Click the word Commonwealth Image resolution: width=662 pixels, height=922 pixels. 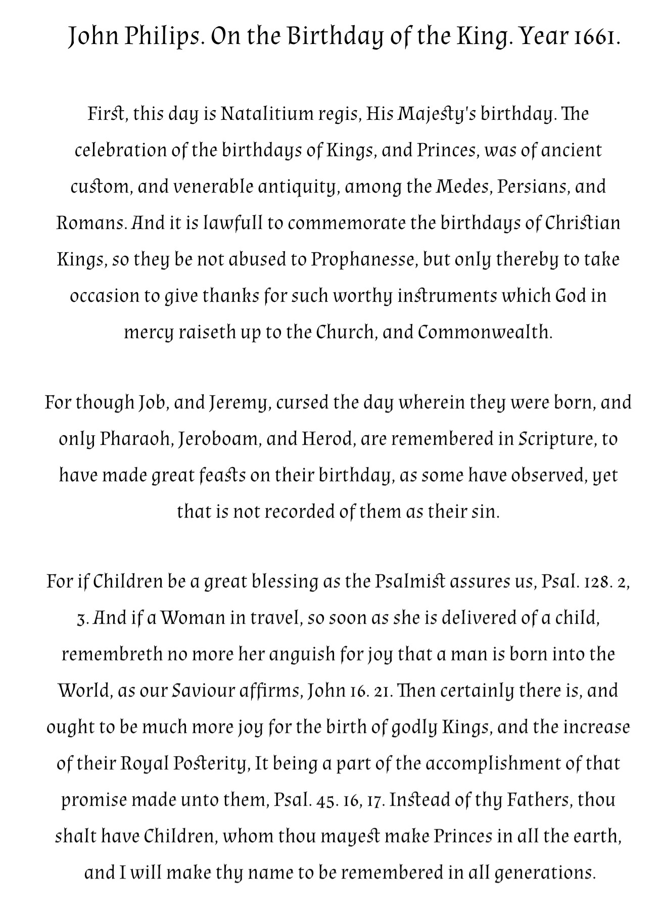coord(485,333)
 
